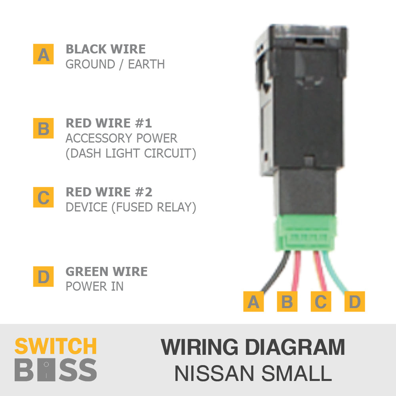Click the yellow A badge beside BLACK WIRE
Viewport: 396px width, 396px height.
(x=43, y=54)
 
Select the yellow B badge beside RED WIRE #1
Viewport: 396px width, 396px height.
(x=43, y=129)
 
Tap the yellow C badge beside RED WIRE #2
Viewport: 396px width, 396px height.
(x=43, y=198)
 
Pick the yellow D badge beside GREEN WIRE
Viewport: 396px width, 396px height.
(x=43, y=276)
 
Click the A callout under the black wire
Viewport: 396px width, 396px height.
(x=253, y=302)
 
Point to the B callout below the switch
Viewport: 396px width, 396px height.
(x=287, y=302)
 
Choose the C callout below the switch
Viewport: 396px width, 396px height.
(x=321, y=302)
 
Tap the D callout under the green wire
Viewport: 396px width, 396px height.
(x=354, y=302)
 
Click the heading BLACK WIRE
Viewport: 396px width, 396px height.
(x=106, y=49)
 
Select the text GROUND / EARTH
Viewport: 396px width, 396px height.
(x=115, y=64)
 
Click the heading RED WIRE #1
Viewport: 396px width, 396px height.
(x=109, y=123)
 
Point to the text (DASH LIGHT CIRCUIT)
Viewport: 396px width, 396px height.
(x=131, y=153)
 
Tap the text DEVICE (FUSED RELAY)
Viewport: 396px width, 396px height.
(x=131, y=207)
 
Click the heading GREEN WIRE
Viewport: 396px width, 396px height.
(x=107, y=271)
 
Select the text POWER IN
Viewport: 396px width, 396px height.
(x=95, y=286)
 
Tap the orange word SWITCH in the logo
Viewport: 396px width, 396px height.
(x=55, y=346)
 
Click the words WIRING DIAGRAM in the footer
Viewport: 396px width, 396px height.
(x=253, y=347)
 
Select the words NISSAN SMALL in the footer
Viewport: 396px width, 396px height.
(x=253, y=373)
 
